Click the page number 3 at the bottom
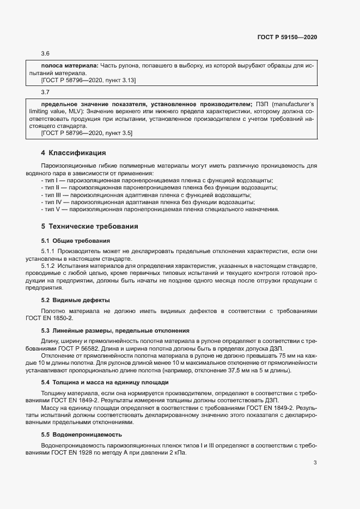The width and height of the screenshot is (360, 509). pyautogui.click(x=315, y=463)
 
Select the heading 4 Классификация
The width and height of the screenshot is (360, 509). pyautogui.click(x=73, y=152)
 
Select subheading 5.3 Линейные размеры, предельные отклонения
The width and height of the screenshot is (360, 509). pyautogui.click(x=115, y=330)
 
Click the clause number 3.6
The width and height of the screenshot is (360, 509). pyautogui.click(x=46, y=53)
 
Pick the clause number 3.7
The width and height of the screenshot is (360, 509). pyautogui.click(x=46, y=92)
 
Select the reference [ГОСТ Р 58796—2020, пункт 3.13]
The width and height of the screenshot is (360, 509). pyautogui.click(x=88, y=80)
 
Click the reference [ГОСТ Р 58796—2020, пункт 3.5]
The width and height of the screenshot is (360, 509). pyautogui.click(x=87, y=133)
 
